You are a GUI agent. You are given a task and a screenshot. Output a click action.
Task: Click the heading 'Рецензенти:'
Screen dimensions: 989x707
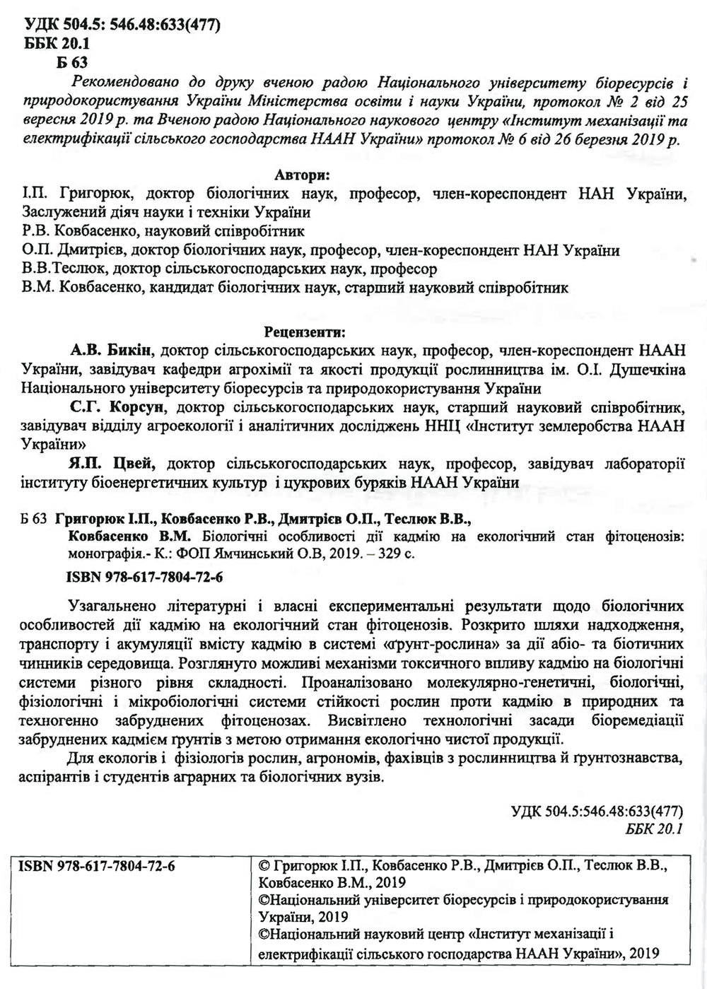coord(305,330)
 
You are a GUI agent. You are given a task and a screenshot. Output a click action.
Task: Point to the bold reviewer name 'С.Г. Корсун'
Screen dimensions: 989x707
coord(120,407)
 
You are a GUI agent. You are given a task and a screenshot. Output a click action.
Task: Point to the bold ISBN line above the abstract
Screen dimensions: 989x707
coord(145,577)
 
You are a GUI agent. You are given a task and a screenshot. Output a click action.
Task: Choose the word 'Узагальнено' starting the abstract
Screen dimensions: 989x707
coord(117,607)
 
